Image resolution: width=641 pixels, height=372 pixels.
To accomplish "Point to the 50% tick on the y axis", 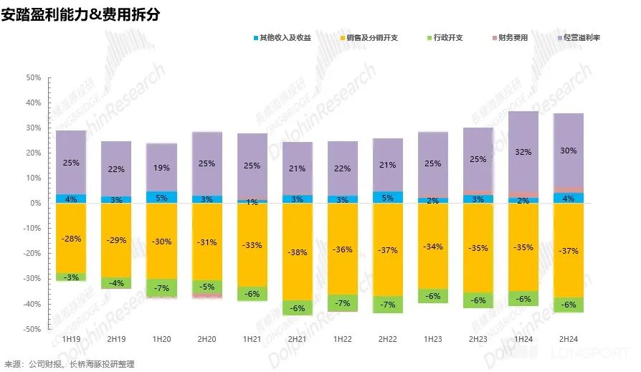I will (x=33, y=77).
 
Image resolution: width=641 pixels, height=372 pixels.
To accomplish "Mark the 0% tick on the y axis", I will (x=35, y=204).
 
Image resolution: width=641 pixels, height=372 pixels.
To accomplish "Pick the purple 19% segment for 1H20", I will (x=161, y=167).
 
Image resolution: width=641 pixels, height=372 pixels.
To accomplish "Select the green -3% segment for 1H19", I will (x=71, y=277).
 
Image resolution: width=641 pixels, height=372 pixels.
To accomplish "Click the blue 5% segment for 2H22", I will (x=388, y=197).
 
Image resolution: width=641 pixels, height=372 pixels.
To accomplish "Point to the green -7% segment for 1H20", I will (x=161, y=287).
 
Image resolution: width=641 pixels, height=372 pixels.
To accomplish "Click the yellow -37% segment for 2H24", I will (x=569, y=250).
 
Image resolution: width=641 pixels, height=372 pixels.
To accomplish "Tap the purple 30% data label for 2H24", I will (x=569, y=150).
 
